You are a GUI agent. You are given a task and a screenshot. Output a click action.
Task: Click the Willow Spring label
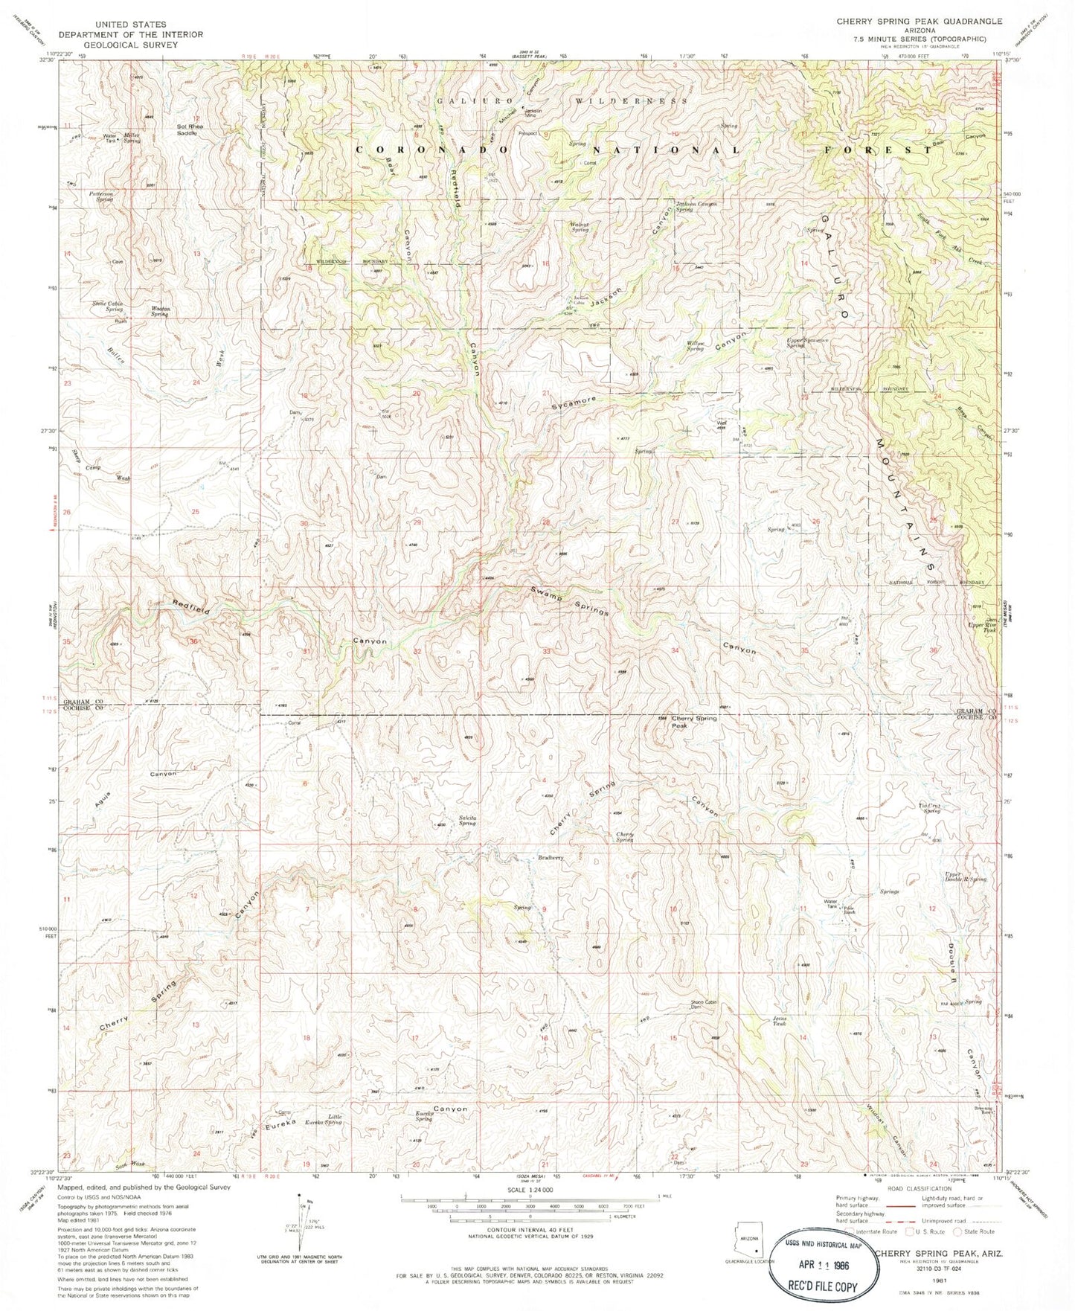pyautogui.click(x=696, y=346)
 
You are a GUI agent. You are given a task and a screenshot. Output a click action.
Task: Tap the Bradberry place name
pyautogui.click(x=550, y=858)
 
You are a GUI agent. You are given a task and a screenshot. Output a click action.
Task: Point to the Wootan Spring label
pyautogui.click(x=159, y=312)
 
